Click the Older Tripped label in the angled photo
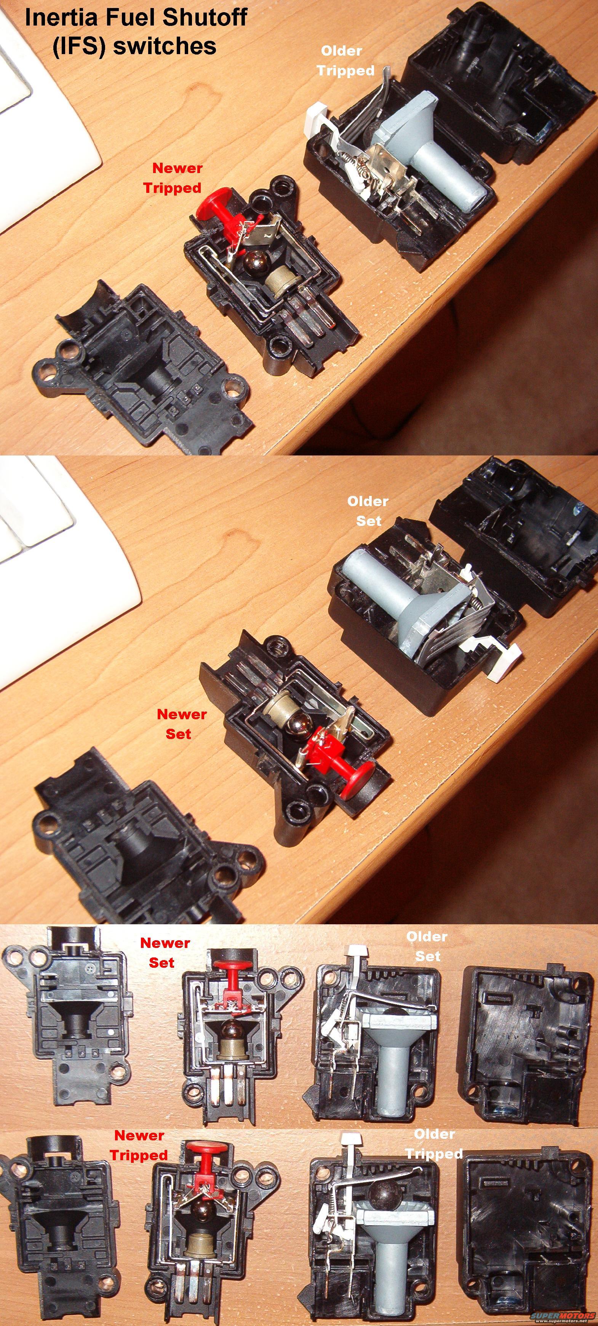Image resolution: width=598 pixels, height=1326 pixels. coord(344,61)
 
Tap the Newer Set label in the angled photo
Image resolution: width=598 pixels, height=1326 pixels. coord(181,724)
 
